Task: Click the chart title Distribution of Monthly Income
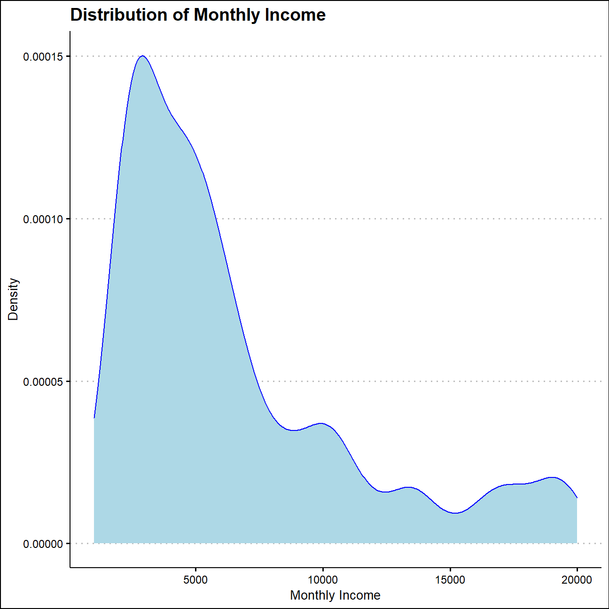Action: coord(198,15)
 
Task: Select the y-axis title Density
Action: coord(13,299)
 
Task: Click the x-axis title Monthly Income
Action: coord(335,595)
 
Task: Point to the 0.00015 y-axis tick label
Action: coord(43,56)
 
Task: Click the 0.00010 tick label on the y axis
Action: coord(43,219)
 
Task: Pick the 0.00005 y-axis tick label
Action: coord(43,382)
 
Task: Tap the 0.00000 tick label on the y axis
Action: coord(43,544)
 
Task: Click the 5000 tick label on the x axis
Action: coord(195,580)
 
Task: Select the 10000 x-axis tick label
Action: coord(323,580)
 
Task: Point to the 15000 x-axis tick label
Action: coord(450,580)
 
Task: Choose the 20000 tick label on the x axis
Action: coord(577,580)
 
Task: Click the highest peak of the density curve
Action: coord(142,55)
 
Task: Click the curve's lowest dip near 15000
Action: coord(455,513)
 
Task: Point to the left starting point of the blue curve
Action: coord(94,417)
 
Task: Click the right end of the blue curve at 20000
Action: coord(577,498)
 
